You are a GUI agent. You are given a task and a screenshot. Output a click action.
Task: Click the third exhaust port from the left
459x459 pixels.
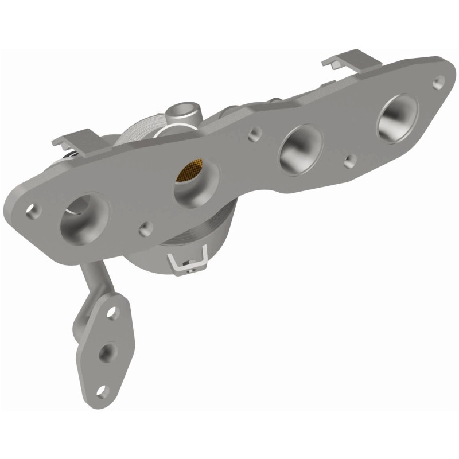point(299,148)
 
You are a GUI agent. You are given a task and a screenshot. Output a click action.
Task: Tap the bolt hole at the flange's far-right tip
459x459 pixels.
point(439,81)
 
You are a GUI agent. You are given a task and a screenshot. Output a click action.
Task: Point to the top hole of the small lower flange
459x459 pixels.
point(112,313)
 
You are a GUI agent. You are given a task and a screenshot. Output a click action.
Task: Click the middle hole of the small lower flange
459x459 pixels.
point(106,351)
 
